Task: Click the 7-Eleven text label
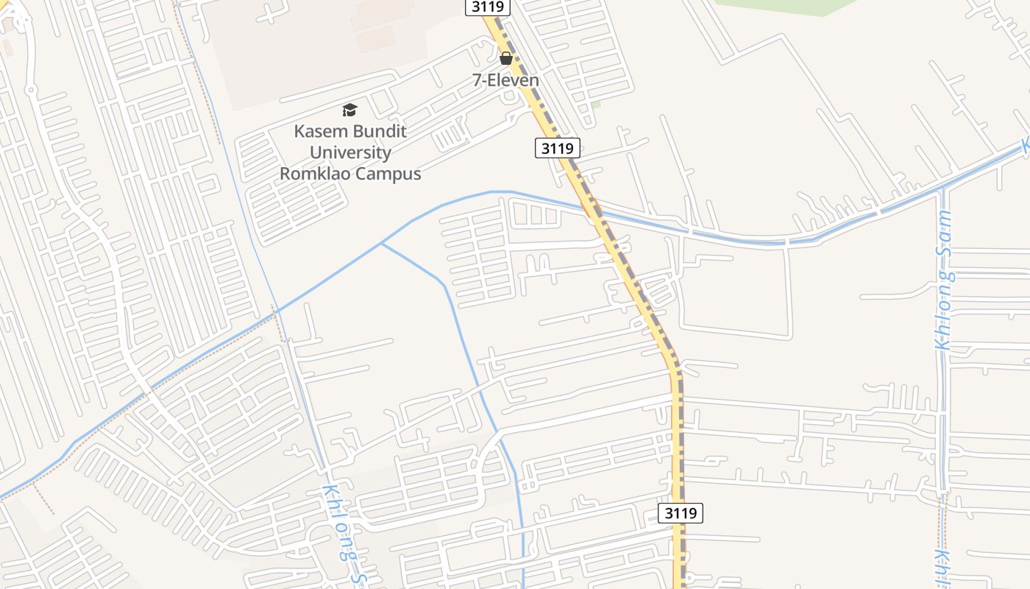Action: point(506,80)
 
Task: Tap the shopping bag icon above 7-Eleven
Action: point(506,58)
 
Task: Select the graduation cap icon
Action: point(349,110)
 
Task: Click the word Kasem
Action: point(319,132)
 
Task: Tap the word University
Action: point(350,152)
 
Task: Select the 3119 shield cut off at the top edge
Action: point(488,7)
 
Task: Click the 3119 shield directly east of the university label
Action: point(557,148)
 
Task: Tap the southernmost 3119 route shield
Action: point(681,513)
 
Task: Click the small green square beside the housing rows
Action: point(596,105)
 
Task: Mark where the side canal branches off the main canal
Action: point(381,244)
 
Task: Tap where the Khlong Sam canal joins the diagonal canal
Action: point(943,191)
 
